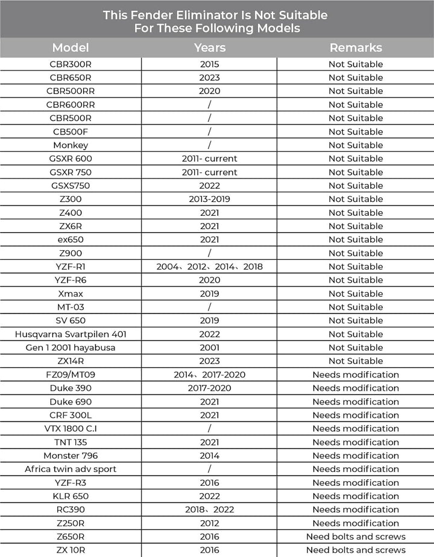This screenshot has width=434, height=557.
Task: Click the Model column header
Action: pyautogui.click(x=71, y=48)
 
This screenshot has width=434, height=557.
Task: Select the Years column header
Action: pyautogui.click(x=210, y=48)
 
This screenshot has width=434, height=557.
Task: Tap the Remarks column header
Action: pyautogui.click(x=356, y=48)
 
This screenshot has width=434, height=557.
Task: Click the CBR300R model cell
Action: pyautogui.click(x=71, y=64)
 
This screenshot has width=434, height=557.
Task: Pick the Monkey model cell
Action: pyautogui.click(x=71, y=145)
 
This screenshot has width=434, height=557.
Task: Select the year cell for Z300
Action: pyautogui.click(x=210, y=199)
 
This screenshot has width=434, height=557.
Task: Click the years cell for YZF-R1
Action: pyautogui.click(x=210, y=266)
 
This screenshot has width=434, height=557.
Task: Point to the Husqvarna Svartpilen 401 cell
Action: pyautogui.click(x=71, y=334)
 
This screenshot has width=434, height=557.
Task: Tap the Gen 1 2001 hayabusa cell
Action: pyautogui.click(x=71, y=348)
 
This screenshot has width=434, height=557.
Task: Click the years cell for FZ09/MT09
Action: pyautogui.click(x=210, y=375)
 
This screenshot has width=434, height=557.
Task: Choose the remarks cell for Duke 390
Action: pyautogui.click(x=356, y=388)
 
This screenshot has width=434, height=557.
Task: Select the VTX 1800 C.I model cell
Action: pyautogui.click(x=71, y=429)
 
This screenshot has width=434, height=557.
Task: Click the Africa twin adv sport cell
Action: pyautogui.click(x=71, y=469)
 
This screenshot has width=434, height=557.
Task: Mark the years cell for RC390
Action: pyautogui.click(x=210, y=509)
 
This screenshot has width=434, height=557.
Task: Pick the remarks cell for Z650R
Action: pyautogui.click(x=356, y=537)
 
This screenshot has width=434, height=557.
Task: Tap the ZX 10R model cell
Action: pyautogui.click(x=71, y=550)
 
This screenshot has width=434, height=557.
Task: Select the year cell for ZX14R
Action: pyautogui.click(x=210, y=361)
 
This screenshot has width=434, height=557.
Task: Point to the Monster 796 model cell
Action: pyautogui.click(x=71, y=456)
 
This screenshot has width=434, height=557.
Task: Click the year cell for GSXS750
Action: pyautogui.click(x=210, y=186)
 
